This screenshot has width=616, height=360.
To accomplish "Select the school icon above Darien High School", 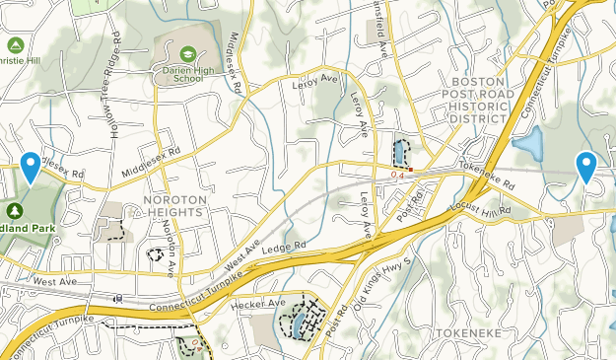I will click(187, 52).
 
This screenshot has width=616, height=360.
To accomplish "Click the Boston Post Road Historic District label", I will click(482, 101).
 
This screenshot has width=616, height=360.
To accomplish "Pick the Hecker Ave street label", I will click(257, 304).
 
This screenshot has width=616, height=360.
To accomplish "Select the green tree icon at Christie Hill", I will click(15, 44).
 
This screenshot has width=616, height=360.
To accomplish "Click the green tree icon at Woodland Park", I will click(15, 210).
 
